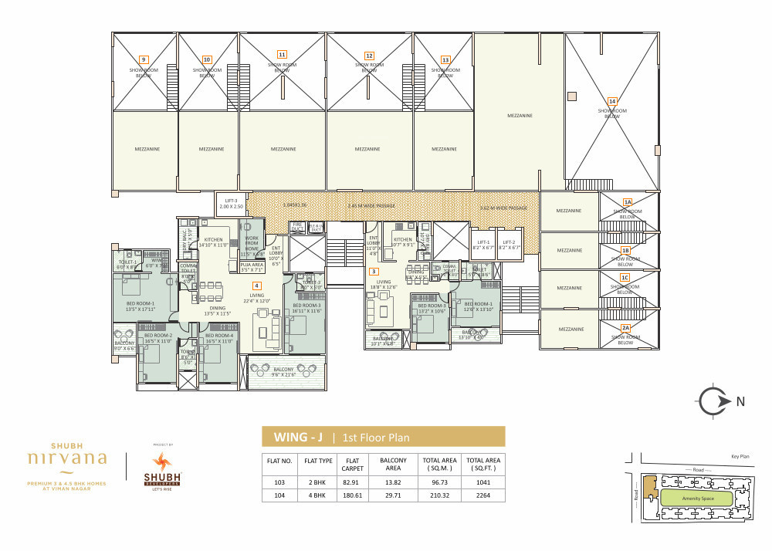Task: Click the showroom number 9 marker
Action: coord(144,59)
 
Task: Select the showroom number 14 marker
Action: coord(612,101)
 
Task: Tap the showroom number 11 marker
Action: coord(282,54)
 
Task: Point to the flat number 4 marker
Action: coord(256,286)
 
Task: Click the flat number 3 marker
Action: coord(374,272)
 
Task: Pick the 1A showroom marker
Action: coord(628,201)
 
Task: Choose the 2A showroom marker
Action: coord(626,327)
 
